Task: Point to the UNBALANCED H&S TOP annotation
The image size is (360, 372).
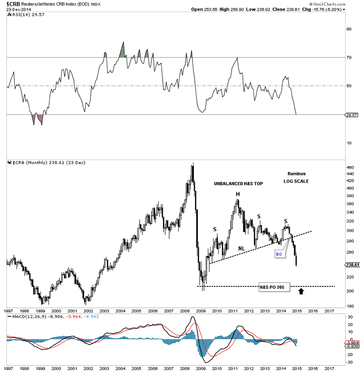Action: (239, 184)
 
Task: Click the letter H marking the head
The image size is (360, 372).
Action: (237, 194)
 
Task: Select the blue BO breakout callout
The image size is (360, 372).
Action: (279, 254)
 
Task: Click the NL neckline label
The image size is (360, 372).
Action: (241, 248)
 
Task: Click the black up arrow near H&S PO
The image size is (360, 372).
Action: (301, 292)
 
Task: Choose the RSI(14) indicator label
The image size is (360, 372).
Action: (21, 14)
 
